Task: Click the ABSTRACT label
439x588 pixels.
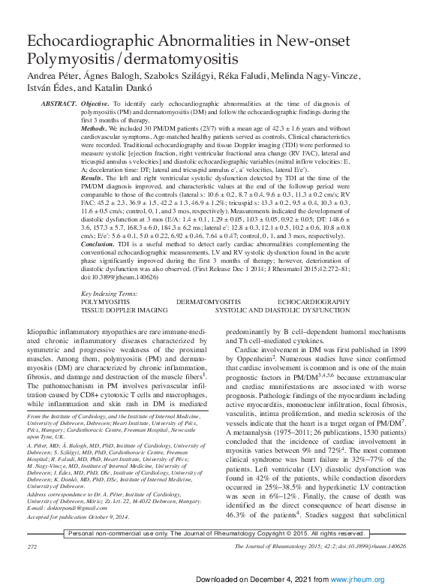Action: point(59,102)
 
